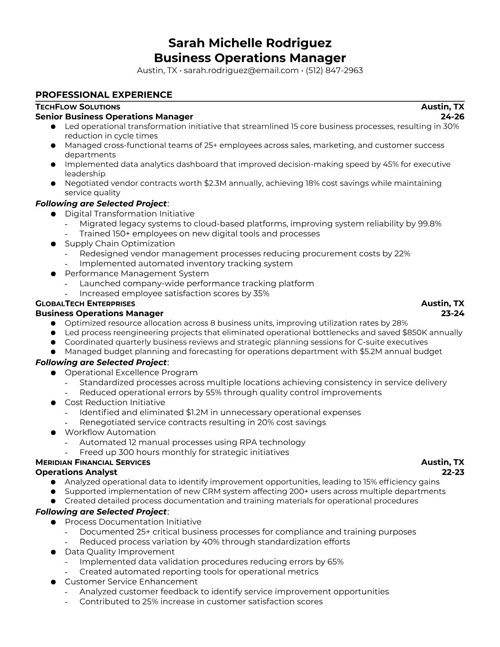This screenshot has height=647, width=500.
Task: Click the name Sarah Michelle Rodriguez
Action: [x=250, y=43]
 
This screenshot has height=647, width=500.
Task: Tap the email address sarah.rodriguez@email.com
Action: [x=241, y=70]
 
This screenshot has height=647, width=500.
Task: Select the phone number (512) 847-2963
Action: [x=334, y=70]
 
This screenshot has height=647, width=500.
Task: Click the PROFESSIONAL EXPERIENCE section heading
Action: [x=104, y=95]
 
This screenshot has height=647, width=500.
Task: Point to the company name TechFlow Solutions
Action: [x=78, y=107]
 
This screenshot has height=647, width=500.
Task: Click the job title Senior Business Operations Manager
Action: [x=114, y=117]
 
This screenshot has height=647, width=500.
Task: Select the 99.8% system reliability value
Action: [x=429, y=223]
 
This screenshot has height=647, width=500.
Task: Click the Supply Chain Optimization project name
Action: [x=120, y=243]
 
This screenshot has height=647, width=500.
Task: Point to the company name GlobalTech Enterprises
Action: [x=85, y=303]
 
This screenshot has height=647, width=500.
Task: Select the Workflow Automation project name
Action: [x=110, y=432]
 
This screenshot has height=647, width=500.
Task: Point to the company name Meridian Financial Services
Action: [x=93, y=462]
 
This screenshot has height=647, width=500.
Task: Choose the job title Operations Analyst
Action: [x=76, y=472]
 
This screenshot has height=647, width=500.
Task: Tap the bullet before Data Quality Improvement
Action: [x=53, y=552]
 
